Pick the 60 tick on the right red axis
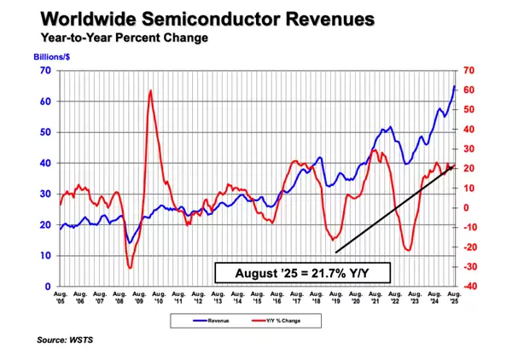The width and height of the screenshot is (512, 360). click(x=470, y=90)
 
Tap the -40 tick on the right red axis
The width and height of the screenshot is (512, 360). click(x=470, y=287)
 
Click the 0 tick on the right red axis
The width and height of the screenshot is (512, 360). click(x=470, y=207)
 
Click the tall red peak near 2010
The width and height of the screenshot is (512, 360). click(x=150, y=90)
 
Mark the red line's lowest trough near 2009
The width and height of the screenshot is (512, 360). click(x=130, y=268)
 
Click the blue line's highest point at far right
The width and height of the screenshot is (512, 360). click(x=454, y=86)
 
